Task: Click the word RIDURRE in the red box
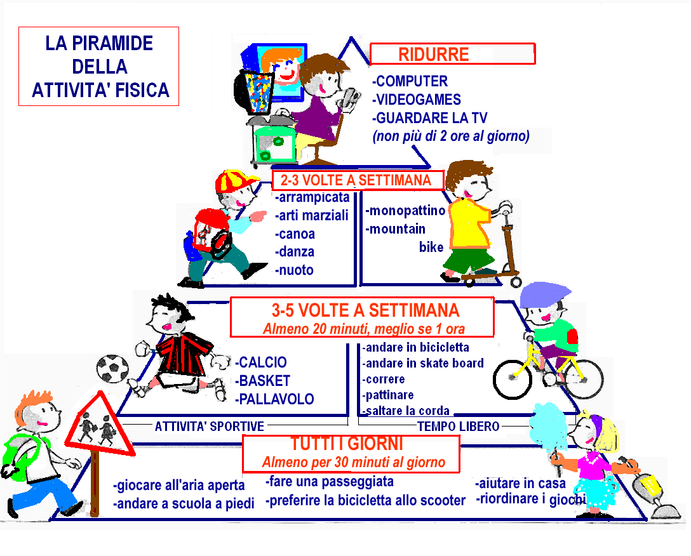(434, 55)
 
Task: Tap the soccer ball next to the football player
(112, 368)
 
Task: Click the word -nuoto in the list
(294, 270)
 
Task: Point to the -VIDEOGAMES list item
(417, 100)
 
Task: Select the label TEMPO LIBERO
(459, 426)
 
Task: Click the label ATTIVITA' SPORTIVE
(210, 426)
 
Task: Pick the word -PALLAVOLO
(274, 399)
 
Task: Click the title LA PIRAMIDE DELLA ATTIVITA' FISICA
(100, 67)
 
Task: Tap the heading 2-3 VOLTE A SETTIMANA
(356, 180)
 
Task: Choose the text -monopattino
(405, 211)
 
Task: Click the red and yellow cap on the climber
(234, 180)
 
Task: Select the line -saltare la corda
(405, 411)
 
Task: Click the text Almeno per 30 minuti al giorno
(353, 462)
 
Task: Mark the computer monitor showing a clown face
(280, 70)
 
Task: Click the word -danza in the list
(295, 251)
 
